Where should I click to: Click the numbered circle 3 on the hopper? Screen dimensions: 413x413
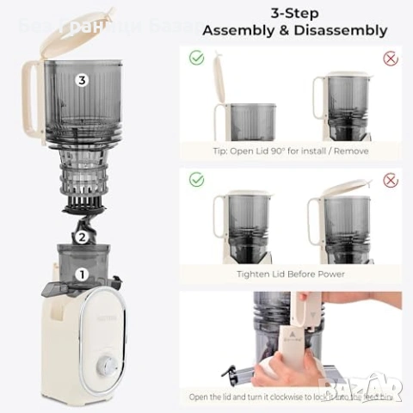[82, 80]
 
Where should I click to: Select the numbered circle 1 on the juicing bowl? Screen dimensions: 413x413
[82, 275]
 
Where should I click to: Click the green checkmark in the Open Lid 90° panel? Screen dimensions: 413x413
[196, 59]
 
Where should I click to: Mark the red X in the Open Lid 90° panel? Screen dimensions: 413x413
[391, 59]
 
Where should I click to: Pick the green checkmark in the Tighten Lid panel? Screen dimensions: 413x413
[196, 181]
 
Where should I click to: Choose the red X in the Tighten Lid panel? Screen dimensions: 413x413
[391, 181]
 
